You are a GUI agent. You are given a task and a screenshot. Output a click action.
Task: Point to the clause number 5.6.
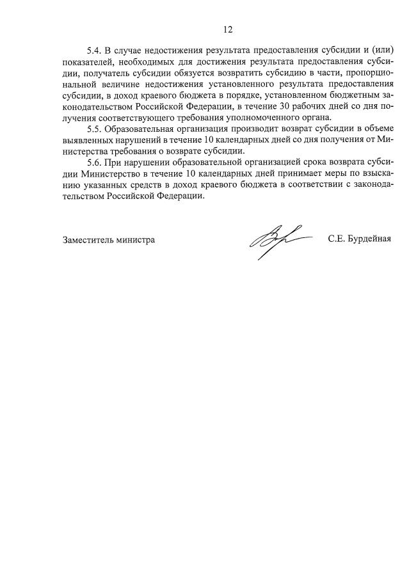click(x=95, y=163)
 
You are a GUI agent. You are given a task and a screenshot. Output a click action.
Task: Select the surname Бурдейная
click(x=368, y=240)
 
